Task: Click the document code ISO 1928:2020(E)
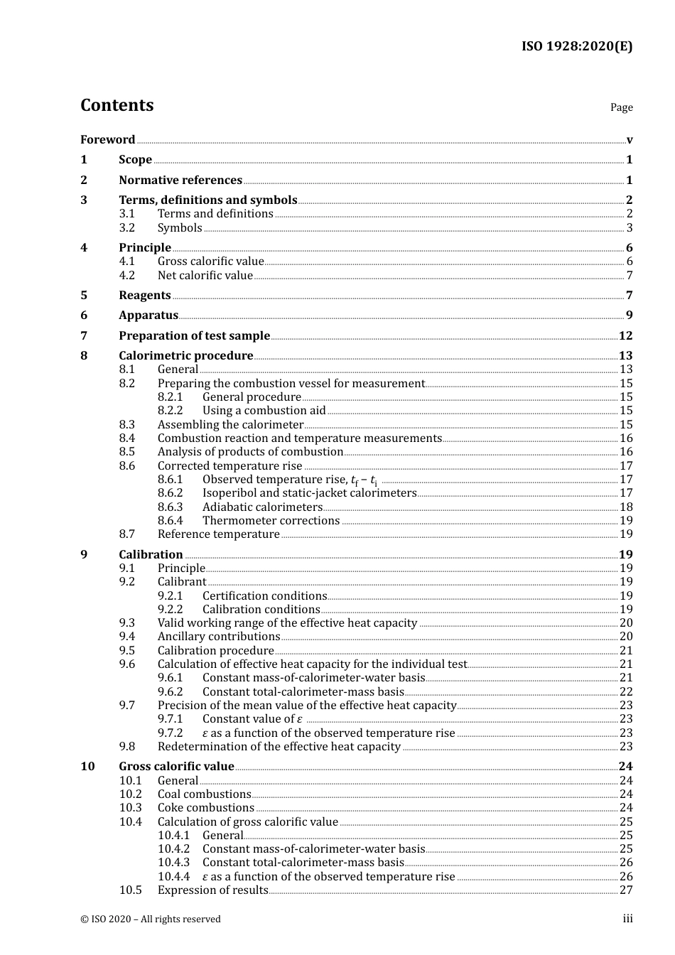pyautogui.click(x=576, y=47)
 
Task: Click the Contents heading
pyautogui.click(x=117, y=105)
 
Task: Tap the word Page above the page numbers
pyautogui.click(x=621, y=107)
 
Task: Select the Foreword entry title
pyautogui.click(x=107, y=140)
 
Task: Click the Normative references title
pyautogui.click(x=180, y=180)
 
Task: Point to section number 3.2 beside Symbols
pyautogui.click(x=126, y=228)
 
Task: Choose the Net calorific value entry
pyautogui.click(x=205, y=276)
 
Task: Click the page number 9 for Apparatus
pyautogui.click(x=629, y=315)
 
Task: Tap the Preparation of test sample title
pyautogui.click(x=194, y=336)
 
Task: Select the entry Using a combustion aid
pyautogui.click(x=264, y=411)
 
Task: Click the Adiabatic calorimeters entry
pyautogui.click(x=262, y=507)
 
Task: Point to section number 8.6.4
pyautogui.click(x=170, y=521)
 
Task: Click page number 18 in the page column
pyautogui.click(x=626, y=507)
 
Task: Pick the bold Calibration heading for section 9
pyautogui.click(x=151, y=555)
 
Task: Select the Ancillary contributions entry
pyautogui.click(x=219, y=637)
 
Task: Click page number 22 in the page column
pyautogui.click(x=626, y=692)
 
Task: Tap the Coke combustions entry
pyautogui.click(x=205, y=808)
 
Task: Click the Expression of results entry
pyautogui.click(x=212, y=890)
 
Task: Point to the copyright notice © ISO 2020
pyautogui.click(x=151, y=919)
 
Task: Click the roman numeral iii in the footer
pyautogui.click(x=627, y=919)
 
